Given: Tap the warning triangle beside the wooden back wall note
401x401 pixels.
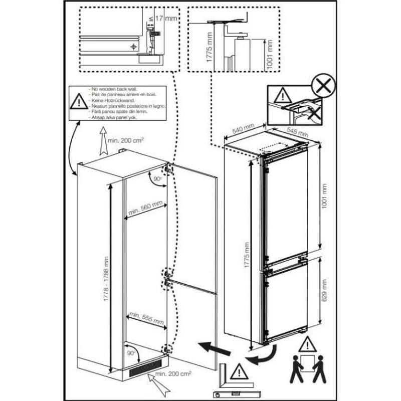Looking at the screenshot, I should coord(78,103).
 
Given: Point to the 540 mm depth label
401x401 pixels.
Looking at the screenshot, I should coord(240,131).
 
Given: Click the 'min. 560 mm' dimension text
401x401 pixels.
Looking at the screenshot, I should coord(145,209).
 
